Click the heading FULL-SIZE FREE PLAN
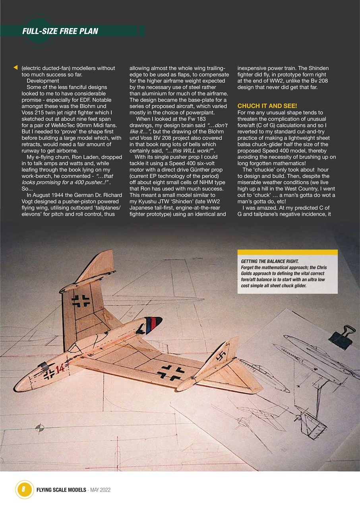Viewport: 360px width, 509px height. pos(60,31)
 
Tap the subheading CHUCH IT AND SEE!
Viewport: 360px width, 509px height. pos(267,106)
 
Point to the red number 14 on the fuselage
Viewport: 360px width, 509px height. pos(60,369)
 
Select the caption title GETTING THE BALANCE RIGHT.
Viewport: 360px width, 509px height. pos(270,261)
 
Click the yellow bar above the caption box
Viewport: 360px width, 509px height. pos(287,252)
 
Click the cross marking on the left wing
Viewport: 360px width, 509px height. pos(81,301)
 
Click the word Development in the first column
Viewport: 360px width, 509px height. pos(43,81)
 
